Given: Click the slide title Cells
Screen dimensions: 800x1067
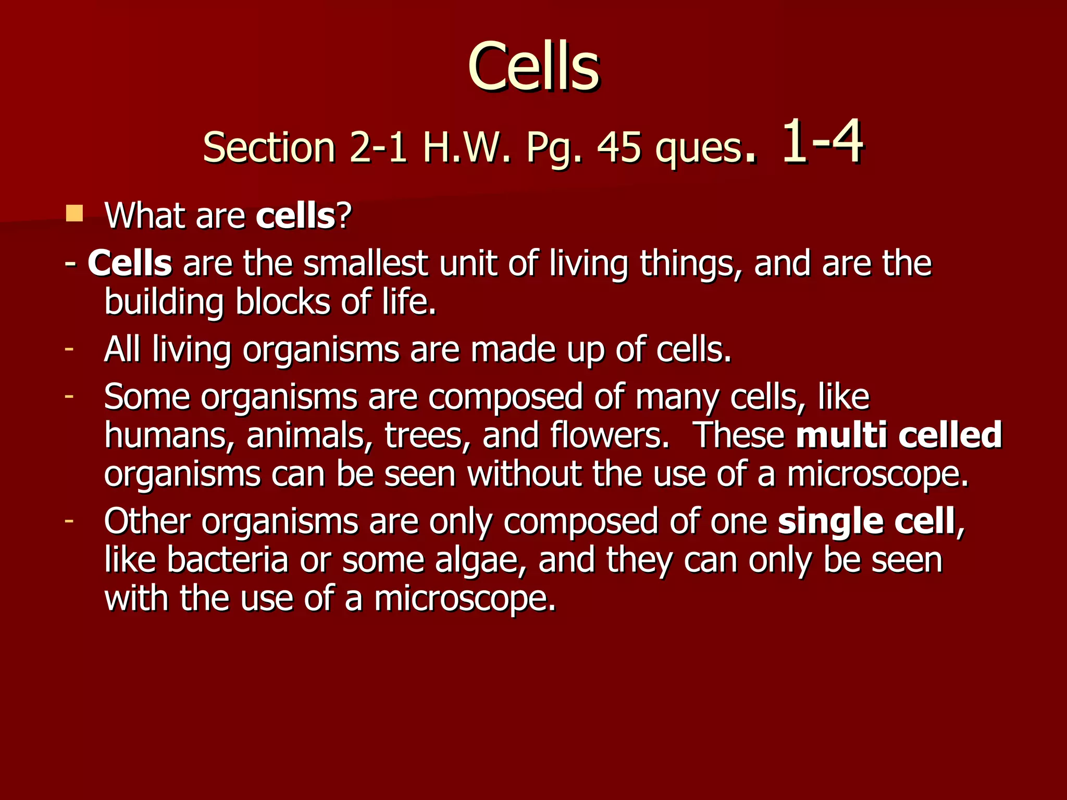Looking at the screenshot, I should click(533, 68).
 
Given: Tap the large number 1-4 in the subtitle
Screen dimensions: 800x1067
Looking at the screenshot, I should click(822, 142).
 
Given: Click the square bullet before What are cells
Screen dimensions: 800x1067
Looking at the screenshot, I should click(75, 214).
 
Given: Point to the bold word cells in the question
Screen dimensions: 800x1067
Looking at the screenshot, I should click(295, 216).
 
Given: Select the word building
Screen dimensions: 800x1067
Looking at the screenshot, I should click(164, 303).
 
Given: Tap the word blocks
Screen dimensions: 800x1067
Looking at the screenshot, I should click(282, 302).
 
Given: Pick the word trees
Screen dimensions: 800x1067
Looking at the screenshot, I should click(424, 435).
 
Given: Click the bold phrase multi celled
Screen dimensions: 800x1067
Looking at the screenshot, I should click(899, 435).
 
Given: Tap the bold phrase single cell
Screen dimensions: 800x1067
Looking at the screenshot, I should click(866, 521).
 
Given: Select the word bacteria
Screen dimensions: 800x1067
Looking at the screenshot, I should click(228, 560).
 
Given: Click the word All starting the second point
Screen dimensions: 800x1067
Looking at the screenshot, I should click(122, 349).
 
